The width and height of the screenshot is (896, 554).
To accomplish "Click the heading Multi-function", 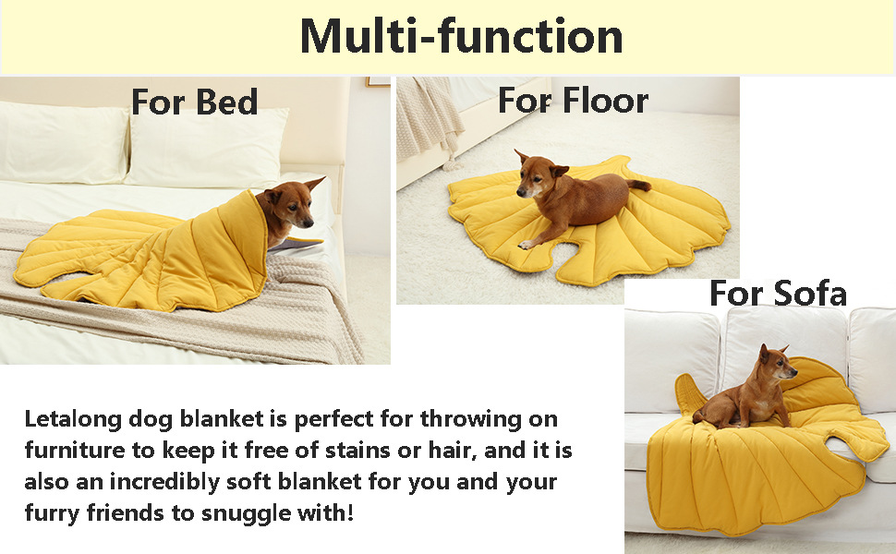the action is pyautogui.click(x=461, y=37).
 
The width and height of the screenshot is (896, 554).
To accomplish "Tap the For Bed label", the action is pyautogui.click(x=194, y=102).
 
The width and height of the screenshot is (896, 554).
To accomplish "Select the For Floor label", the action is pyautogui.click(x=573, y=101).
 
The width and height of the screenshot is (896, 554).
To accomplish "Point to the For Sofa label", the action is pyautogui.click(x=778, y=293).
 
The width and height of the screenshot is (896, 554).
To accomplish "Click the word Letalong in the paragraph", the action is pyautogui.click(x=73, y=419).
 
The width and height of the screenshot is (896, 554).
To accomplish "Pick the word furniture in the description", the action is pyautogui.click(x=74, y=450).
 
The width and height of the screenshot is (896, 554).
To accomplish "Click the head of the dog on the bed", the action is pyautogui.click(x=290, y=205).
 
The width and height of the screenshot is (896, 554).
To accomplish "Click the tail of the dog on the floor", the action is pyautogui.click(x=639, y=185).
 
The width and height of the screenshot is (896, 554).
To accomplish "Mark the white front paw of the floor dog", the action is pyautogui.click(x=526, y=245).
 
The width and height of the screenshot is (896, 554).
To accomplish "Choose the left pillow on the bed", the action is pyautogui.click(x=63, y=143).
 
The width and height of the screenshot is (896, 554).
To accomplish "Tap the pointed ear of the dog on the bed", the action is pyautogui.click(x=314, y=184).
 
